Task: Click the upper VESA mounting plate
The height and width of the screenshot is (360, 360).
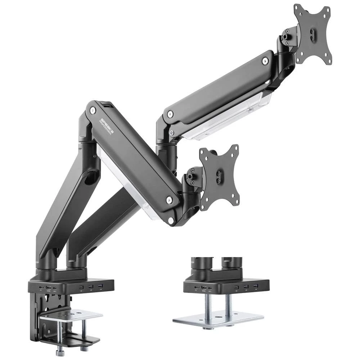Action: click(312, 34)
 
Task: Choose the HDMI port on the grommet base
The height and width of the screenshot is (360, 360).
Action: click(203, 288)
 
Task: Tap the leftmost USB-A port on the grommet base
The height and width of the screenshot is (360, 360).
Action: click(237, 287)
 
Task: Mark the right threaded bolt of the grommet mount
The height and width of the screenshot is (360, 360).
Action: click(228, 305)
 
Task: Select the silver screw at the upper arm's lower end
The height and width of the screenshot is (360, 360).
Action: click(169, 114)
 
